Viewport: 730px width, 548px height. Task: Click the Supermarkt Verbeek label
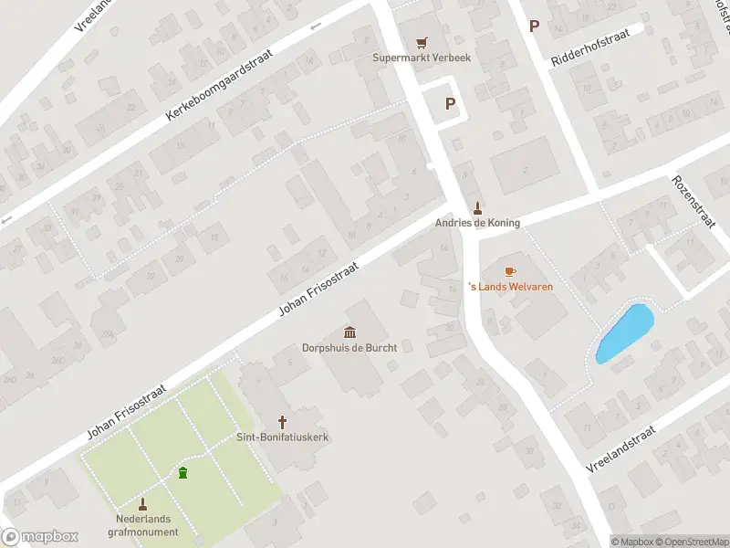[420, 58]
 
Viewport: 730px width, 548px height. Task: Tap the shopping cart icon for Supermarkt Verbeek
[421, 43]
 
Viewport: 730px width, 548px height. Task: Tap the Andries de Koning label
[477, 222]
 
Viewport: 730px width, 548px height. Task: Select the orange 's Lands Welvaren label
[510, 287]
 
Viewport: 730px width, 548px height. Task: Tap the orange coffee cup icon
[509, 271]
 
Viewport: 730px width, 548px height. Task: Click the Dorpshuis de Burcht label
[349, 347]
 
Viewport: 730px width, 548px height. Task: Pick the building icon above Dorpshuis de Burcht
[349, 332]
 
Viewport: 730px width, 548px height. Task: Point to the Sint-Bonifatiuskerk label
[283, 437]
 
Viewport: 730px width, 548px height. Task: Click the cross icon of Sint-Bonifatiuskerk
[283, 422]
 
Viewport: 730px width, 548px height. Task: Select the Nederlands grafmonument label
[143, 525]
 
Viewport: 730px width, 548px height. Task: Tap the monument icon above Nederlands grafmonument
[143, 503]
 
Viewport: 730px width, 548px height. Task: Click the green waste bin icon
[183, 472]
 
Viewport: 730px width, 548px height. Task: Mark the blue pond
[625, 332]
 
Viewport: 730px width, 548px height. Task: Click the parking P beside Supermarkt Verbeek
[450, 104]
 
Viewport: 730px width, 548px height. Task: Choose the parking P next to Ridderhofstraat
[534, 26]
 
